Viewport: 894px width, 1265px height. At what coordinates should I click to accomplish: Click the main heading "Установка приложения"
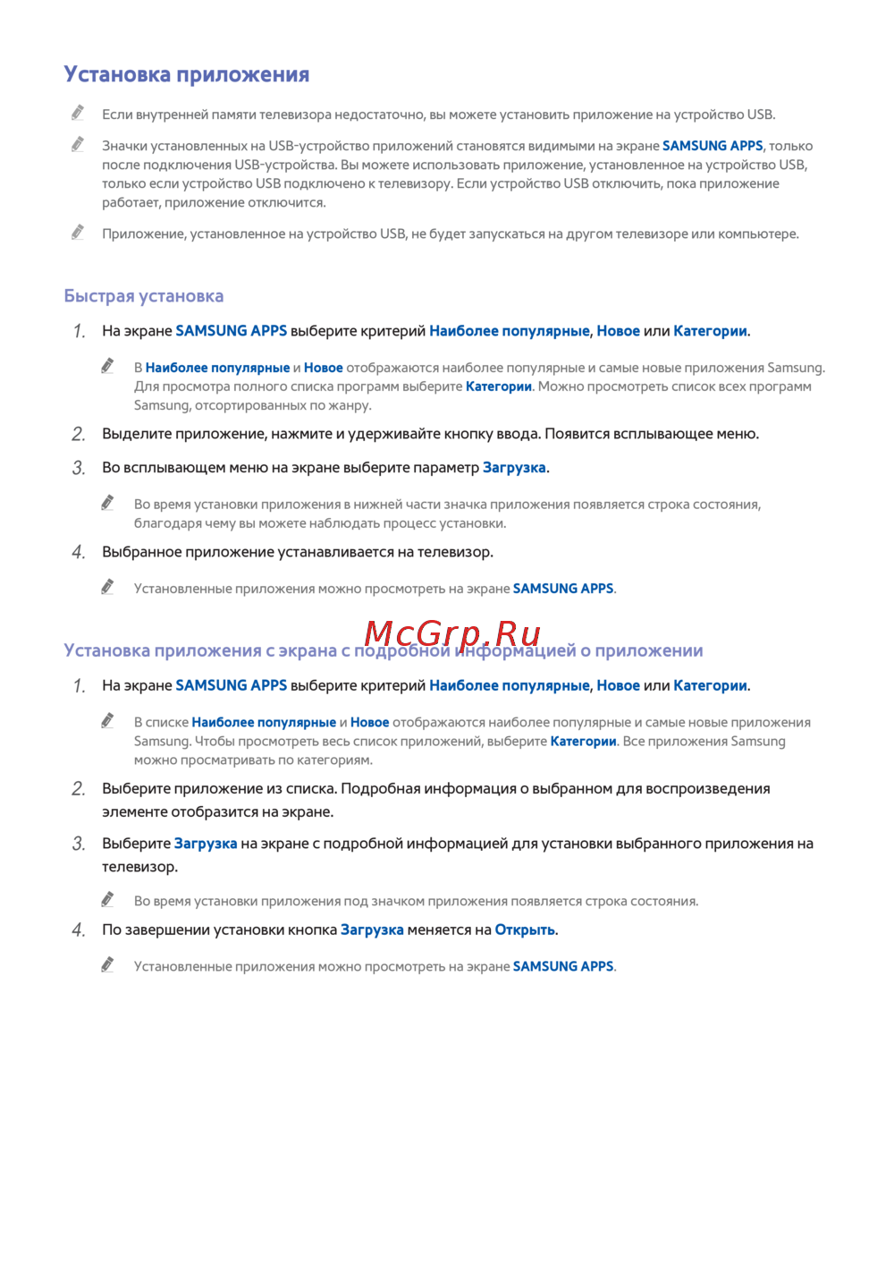tap(186, 74)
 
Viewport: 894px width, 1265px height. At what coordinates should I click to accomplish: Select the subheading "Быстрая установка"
tap(144, 296)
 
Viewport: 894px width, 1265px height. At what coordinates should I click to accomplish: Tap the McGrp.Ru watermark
tap(452, 633)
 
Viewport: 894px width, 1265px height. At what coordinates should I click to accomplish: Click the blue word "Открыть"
tap(525, 930)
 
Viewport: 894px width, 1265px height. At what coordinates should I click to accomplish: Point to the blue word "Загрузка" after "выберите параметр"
tap(514, 468)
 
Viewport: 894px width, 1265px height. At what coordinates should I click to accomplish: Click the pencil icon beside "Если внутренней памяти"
tap(78, 113)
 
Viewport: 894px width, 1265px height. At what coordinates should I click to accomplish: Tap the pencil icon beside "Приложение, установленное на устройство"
tap(78, 233)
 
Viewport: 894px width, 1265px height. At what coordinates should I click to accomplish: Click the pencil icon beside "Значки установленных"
tap(78, 144)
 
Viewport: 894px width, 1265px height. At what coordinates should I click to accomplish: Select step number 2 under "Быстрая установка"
tap(79, 435)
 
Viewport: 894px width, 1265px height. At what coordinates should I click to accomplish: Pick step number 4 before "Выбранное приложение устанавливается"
tap(79, 553)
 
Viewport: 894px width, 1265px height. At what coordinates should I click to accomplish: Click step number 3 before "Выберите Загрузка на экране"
tap(79, 845)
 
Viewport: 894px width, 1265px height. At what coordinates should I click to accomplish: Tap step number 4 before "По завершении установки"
tap(79, 930)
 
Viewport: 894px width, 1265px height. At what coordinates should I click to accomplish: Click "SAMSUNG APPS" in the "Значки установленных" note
tap(713, 146)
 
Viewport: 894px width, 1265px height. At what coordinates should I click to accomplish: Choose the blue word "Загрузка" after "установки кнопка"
tap(372, 930)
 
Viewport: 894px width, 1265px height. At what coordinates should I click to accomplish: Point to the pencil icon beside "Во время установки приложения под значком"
tap(107, 899)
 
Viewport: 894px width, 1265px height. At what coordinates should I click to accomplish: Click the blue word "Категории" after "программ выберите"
tap(499, 386)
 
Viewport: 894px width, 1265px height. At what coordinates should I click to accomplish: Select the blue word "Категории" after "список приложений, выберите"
tap(583, 742)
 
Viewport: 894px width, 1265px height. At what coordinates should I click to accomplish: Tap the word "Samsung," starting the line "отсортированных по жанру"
tap(162, 406)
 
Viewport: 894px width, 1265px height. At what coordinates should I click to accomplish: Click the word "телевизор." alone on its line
tap(139, 867)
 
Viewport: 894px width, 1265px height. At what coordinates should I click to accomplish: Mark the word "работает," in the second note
tap(131, 203)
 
